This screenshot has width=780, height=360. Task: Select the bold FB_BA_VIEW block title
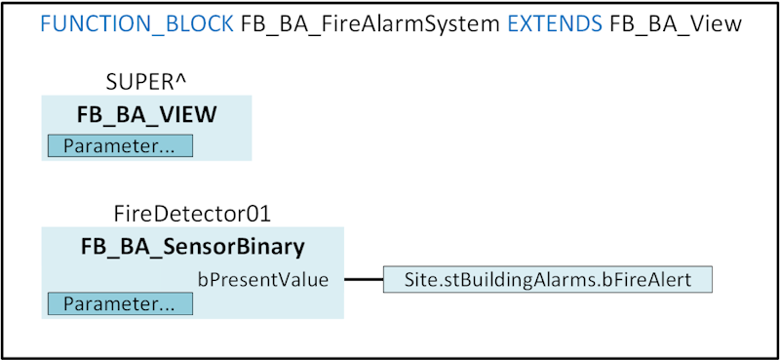(x=146, y=115)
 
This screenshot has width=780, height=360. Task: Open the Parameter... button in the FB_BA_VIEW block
(x=120, y=146)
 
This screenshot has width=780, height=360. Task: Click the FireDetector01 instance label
(x=192, y=214)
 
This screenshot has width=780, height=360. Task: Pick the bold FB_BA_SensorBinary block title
(x=192, y=246)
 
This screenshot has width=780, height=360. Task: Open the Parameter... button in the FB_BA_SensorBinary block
(x=120, y=303)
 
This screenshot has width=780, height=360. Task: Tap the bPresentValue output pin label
(x=263, y=280)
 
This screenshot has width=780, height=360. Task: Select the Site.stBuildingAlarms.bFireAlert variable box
(x=548, y=280)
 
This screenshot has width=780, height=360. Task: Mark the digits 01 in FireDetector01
(x=257, y=214)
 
